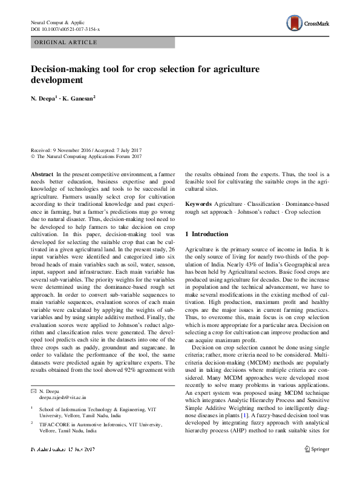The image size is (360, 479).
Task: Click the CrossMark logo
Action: [x=308, y=25]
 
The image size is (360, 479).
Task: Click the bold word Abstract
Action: [x=42, y=173]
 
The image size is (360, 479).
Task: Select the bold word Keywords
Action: [x=198, y=204]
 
